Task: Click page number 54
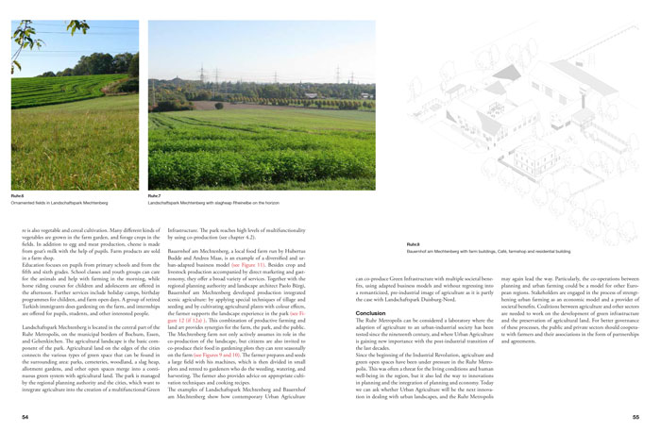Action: (13, 416)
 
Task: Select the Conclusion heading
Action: (369, 286)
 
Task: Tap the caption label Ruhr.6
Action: (16, 195)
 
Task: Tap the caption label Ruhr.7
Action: (155, 195)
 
